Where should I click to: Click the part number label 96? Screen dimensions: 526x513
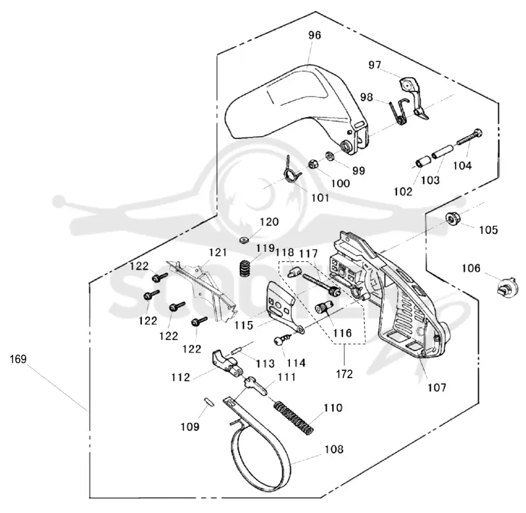click(x=315, y=36)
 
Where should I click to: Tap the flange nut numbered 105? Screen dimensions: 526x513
click(x=453, y=218)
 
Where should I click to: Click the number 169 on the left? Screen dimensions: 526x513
click(x=18, y=359)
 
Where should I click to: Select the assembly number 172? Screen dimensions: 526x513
click(x=344, y=374)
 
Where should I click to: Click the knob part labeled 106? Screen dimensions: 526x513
click(x=505, y=288)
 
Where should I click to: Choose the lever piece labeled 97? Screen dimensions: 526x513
click(x=414, y=98)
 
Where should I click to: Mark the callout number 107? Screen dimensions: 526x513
click(x=437, y=388)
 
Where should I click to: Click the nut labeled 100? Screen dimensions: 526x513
click(x=314, y=164)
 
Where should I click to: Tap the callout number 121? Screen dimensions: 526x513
click(x=218, y=253)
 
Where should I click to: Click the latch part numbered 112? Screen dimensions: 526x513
click(x=226, y=364)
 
